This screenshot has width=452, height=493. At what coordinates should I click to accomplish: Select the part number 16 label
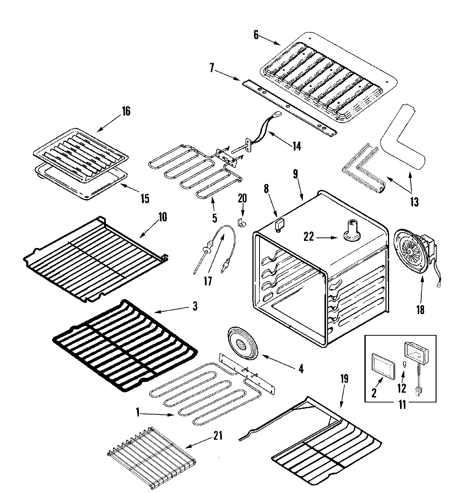[x=126, y=111]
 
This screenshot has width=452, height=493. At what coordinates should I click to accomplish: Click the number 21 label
[x=218, y=436]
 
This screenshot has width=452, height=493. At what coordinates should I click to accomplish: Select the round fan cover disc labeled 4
[x=239, y=342]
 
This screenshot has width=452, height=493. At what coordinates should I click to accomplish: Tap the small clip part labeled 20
[x=241, y=224]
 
